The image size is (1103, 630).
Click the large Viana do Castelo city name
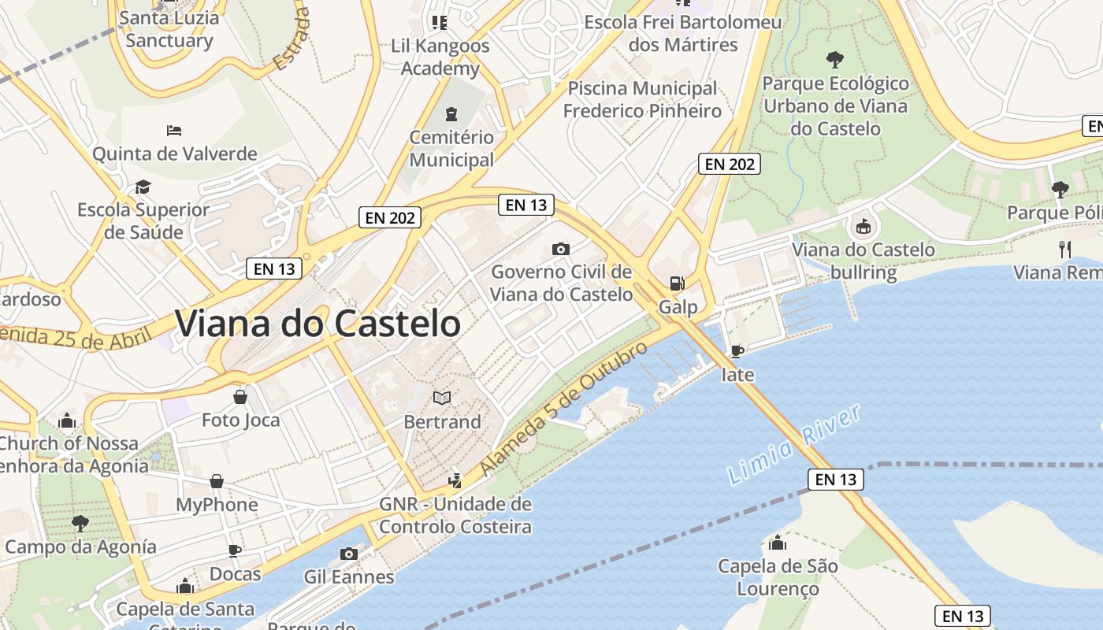point(318,324)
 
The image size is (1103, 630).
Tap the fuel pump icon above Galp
point(677,283)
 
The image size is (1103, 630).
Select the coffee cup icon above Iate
point(737,351)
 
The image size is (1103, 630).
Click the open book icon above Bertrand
point(442,398)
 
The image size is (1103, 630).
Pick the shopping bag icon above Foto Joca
point(240,397)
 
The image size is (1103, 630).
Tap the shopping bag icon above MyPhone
point(217,481)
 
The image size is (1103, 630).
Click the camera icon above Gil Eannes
point(349,554)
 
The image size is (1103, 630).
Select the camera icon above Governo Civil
point(561,249)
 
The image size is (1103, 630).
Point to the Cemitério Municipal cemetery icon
point(451,114)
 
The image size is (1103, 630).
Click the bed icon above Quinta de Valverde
point(175,130)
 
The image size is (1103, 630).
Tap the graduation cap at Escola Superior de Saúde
point(143,187)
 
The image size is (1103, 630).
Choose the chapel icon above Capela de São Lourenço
point(778,543)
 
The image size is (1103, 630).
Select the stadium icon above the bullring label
point(863,227)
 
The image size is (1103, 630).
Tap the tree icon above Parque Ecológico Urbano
point(835,60)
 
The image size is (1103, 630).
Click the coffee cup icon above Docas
point(235,550)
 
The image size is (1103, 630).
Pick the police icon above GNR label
point(455,480)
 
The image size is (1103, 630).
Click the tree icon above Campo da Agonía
point(80,523)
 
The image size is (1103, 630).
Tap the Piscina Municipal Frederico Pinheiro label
point(642,99)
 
